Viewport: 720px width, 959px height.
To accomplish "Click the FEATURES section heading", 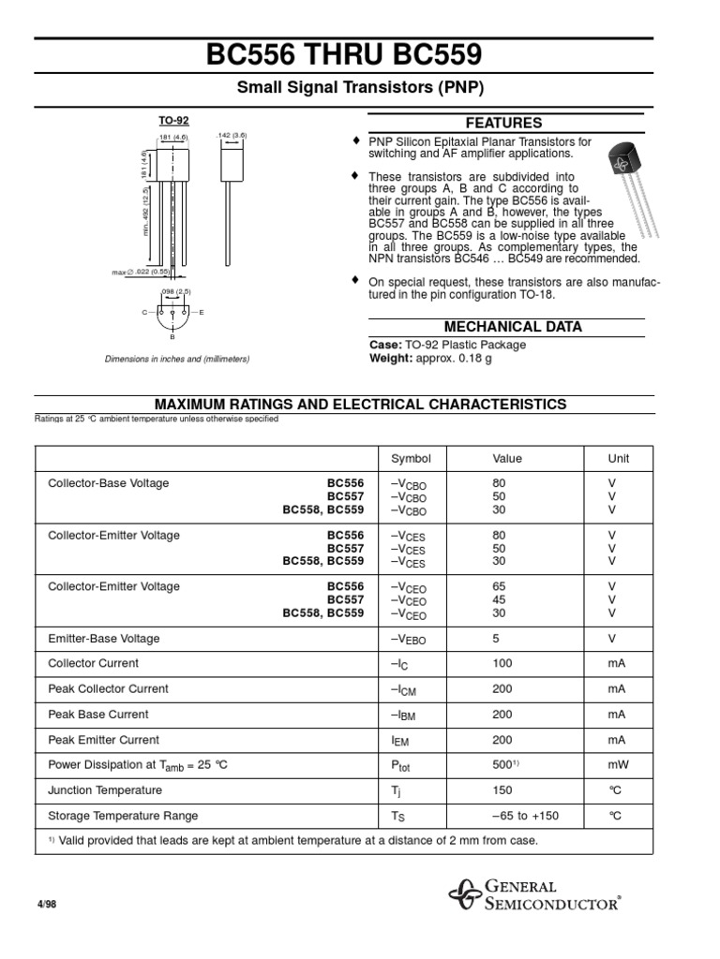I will click(x=503, y=123).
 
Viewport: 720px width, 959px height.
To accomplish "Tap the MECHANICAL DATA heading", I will click(x=513, y=327).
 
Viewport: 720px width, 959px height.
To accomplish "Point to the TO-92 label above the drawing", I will click(x=168, y=122).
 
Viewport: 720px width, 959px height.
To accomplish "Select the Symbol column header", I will click(x=411, y=458).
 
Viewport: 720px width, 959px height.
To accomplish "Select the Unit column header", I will click(x=619, y=458).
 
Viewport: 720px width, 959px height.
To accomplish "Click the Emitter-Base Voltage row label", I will click(x=104, y=638).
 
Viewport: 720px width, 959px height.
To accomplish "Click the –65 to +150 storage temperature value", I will click(x=525, y=816).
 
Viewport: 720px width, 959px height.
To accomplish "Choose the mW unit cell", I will click(x=617, y=764).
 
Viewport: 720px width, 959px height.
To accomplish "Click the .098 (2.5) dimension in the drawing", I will click(x=175, y=291).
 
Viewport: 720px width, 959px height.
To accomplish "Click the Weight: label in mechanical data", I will click(x=391, y=359).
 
